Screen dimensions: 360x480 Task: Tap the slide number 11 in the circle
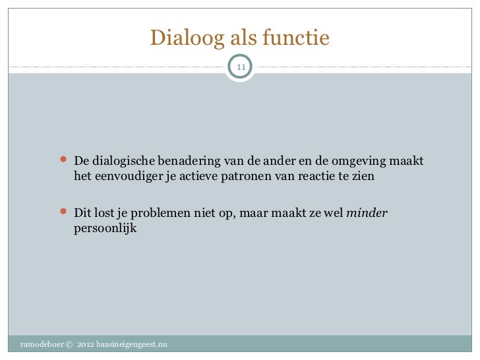(240, 67)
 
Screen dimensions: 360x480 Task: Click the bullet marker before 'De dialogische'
(64, 162)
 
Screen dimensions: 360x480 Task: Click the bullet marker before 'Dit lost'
(64, 213)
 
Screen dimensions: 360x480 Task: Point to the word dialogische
(123, 162)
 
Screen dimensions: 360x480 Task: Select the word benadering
(186, 162)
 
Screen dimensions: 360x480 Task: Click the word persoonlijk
(105, 229)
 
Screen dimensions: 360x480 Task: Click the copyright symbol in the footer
(69, 345)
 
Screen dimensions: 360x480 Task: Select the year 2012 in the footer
(86, 345)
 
